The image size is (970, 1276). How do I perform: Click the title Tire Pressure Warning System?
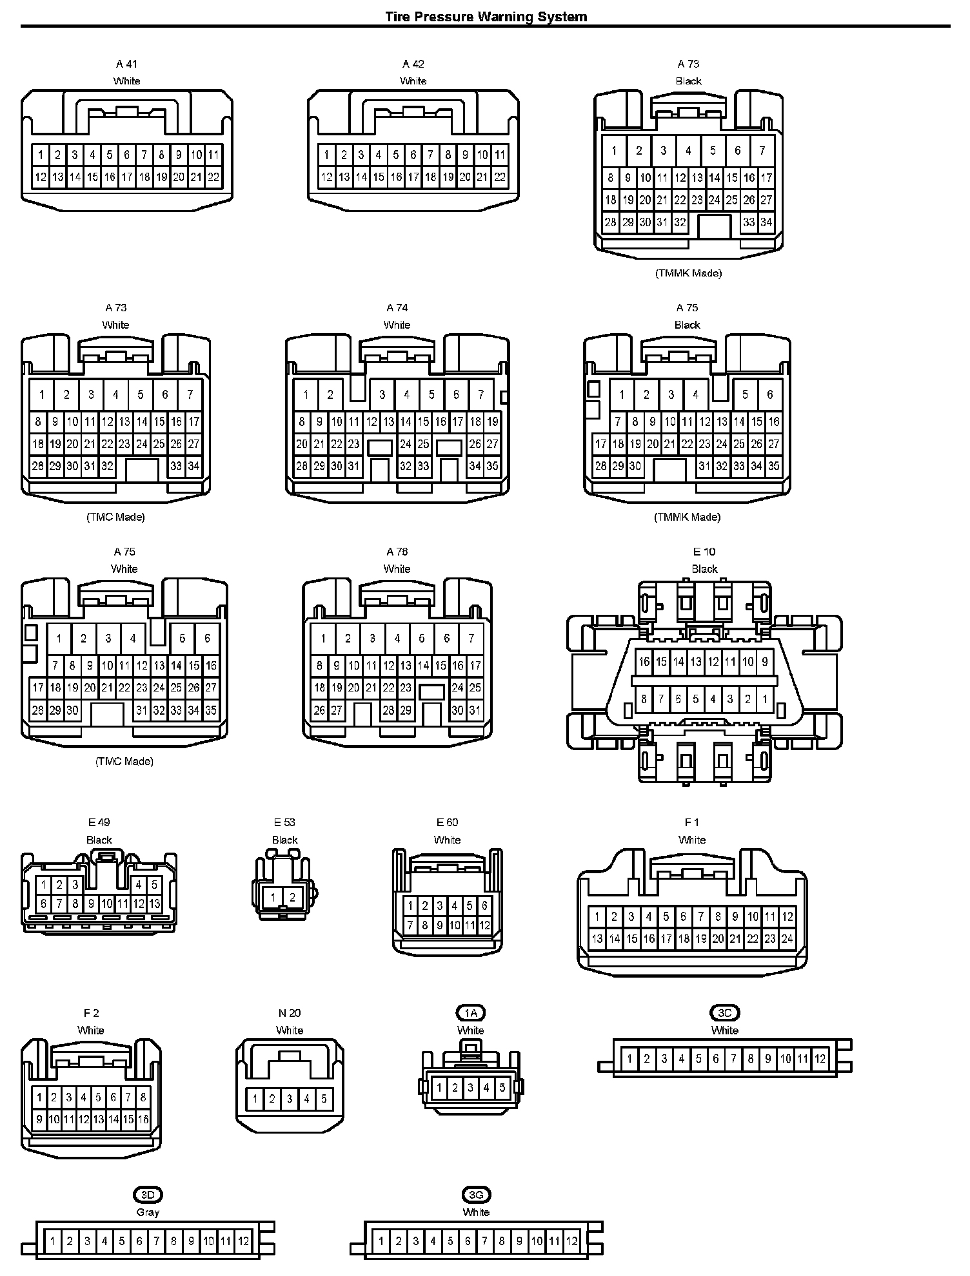[486, 16]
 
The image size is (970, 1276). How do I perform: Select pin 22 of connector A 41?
[213, 177]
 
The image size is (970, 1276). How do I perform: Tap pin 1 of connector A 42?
[326, 155]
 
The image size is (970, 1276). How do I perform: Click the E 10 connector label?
[704, 552]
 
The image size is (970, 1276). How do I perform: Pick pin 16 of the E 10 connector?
[644, 662]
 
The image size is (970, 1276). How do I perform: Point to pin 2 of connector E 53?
[292, 897]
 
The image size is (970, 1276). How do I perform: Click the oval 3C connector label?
[724, 1012]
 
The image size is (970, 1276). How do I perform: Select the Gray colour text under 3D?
[148, 1212]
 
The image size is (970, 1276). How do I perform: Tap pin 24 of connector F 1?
[787, 939]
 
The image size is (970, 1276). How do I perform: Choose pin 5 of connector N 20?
[324, 1099]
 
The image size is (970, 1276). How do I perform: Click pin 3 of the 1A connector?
[471, 1088]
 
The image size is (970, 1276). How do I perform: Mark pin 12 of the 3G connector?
[571, 1241]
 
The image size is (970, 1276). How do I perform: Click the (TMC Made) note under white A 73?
[115, 517]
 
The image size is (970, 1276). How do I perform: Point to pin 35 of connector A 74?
[492, 466]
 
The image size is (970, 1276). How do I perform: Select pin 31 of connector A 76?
[475, 710]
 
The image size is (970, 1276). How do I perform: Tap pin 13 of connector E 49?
[155, 904]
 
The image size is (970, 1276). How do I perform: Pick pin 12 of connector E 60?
[484, 925]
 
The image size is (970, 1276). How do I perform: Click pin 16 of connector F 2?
[143, 1119]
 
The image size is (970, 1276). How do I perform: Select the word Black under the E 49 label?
[99, 840]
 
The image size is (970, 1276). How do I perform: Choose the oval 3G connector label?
[476, 1195]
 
